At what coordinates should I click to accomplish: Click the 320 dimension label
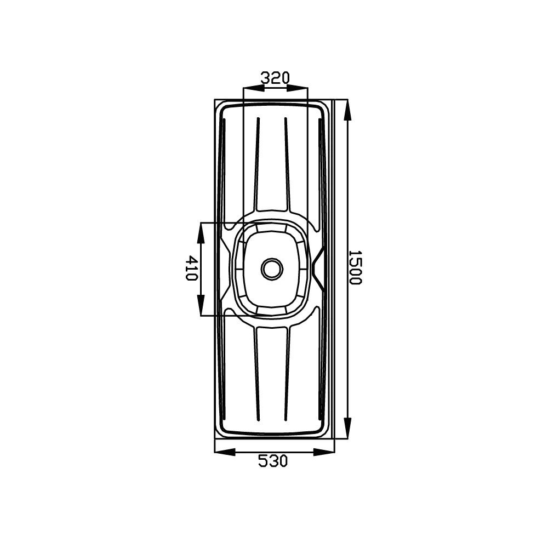click(276, 78)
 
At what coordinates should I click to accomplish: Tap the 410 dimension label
click(191, 269)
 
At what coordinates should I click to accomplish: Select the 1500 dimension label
click(355, 267)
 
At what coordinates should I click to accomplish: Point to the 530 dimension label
click(273, 460)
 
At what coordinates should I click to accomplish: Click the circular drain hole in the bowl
click(272, 269)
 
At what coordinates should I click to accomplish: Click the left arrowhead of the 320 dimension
click(254, 88)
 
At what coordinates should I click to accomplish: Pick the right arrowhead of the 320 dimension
click(298, 88)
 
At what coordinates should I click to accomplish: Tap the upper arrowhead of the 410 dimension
click(201, 233)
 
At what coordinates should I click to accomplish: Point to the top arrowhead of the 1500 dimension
click(347, 111)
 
